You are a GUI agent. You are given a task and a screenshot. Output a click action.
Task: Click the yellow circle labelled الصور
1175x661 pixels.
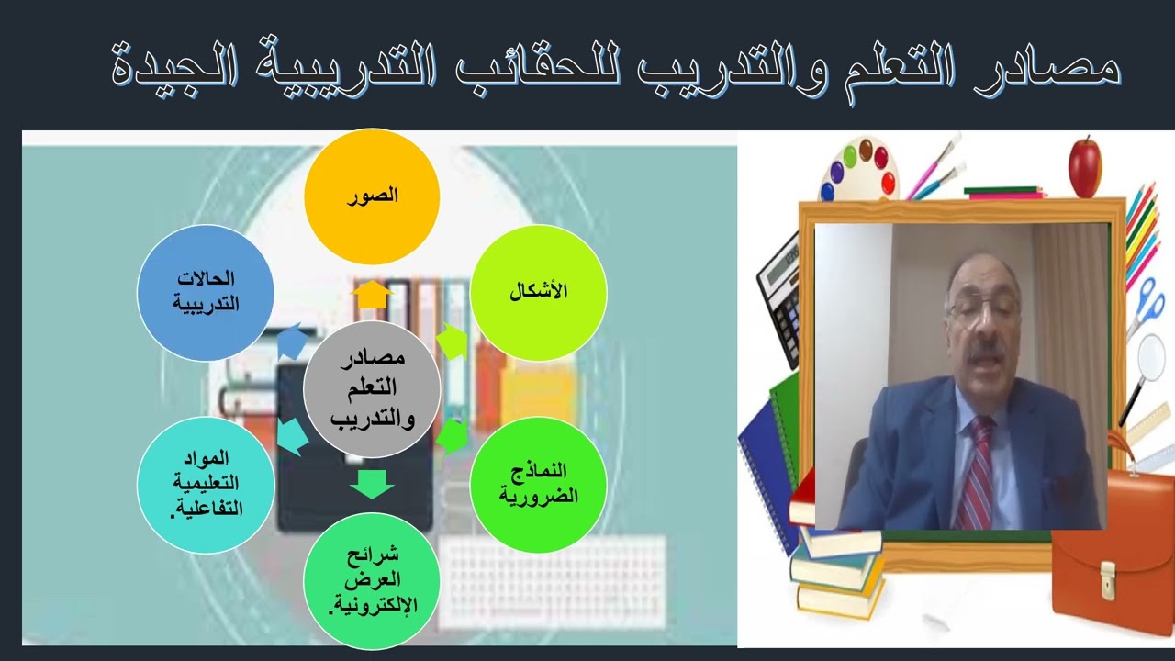click(372, 196)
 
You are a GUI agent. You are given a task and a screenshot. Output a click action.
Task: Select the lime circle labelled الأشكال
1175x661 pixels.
click(538, 292)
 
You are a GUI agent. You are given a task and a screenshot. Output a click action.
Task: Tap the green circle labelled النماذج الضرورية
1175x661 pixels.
click(538, 484)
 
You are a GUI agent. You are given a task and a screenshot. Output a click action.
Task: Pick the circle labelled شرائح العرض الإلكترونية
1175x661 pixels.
click(372, 580)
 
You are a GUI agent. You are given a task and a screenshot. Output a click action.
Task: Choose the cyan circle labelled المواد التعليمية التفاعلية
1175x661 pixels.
click(206, 484)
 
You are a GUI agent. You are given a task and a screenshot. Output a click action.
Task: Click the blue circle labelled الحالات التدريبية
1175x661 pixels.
click(206, 292)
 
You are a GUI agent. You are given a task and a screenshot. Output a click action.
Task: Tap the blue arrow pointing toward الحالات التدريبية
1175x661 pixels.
click(292, 342)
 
